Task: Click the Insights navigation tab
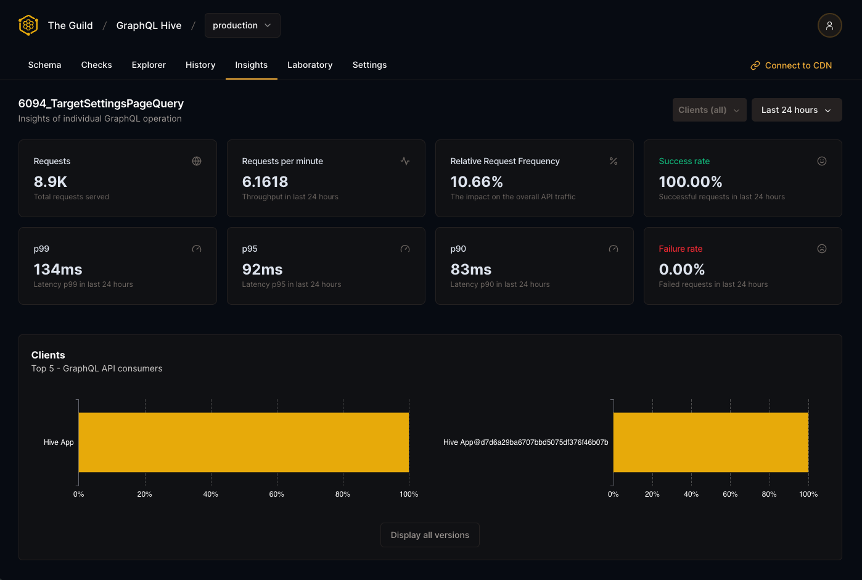251,65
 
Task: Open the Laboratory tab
310,65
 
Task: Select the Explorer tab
149,65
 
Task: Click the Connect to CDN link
791,65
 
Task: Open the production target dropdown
242,25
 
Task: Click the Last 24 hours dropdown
796,110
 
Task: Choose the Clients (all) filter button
709,110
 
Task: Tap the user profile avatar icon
829,25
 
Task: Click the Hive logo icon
28,25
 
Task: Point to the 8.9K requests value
51,181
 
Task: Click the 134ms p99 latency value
58,269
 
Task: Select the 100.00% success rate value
690,181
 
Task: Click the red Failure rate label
680,249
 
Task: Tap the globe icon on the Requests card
197,161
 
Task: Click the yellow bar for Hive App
244,442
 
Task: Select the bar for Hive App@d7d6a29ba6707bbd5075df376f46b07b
710,442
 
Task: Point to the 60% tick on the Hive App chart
277,494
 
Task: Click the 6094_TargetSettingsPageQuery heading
101,104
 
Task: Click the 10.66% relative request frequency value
477,181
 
